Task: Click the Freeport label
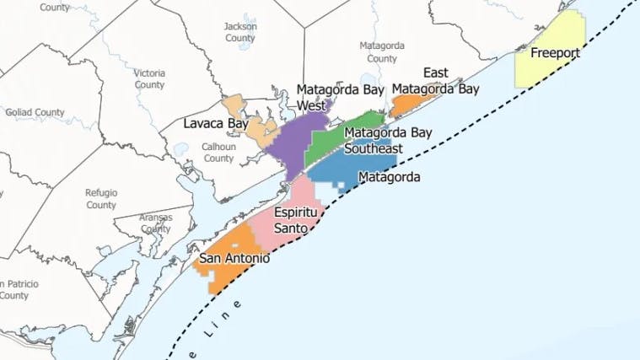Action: click(556, 53)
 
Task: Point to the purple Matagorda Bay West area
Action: click(291, 139)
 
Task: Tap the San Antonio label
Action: click(235, 258)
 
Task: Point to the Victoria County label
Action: click(149, 78)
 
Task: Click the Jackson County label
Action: click(240, 32)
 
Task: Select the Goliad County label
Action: click(35, 112)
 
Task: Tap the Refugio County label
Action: click(100, 198)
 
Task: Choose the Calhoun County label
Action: click(218, 152)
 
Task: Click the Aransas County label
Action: click(155, 223)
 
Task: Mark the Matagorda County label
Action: click(382, 51)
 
